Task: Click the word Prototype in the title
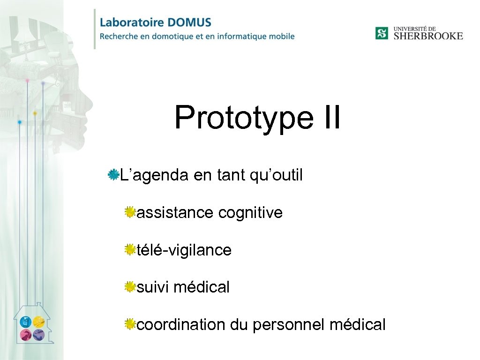pos(243,118)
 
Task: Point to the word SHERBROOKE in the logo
pos(428,36)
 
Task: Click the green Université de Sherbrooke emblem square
pos(382,33)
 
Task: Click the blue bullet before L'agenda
pos(113,175)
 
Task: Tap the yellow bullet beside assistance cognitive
pos(130,213)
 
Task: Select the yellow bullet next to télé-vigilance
pos(130,250)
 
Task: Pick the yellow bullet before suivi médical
pos(130,287)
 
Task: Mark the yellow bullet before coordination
pos(130,324)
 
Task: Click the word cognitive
pos(250,213)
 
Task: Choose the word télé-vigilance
pos(184,250)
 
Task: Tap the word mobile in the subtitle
pos(282,36)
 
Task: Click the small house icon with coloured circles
pos(32,326)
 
